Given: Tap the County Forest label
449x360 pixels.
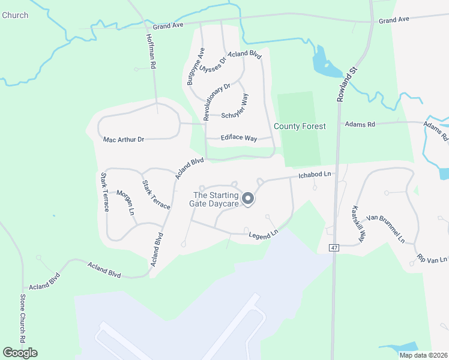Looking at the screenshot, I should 300,126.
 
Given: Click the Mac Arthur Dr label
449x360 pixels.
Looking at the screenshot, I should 124,139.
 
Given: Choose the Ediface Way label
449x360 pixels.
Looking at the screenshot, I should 240,138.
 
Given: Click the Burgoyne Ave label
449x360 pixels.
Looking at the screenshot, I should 196,66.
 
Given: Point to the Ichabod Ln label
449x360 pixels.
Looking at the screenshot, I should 315,175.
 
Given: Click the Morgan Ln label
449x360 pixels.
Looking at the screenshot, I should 125,202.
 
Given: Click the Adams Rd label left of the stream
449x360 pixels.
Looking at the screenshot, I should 360,124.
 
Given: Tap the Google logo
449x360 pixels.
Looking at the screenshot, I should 20,353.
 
